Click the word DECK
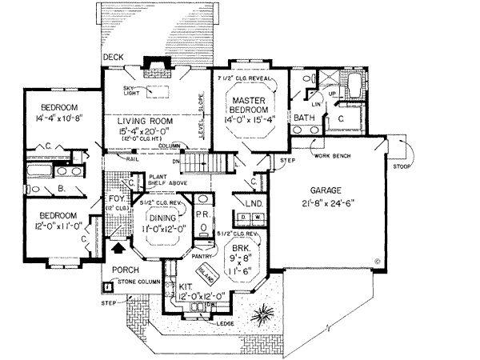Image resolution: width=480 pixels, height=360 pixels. (113, 58)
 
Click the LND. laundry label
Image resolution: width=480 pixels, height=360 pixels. (255, 204)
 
